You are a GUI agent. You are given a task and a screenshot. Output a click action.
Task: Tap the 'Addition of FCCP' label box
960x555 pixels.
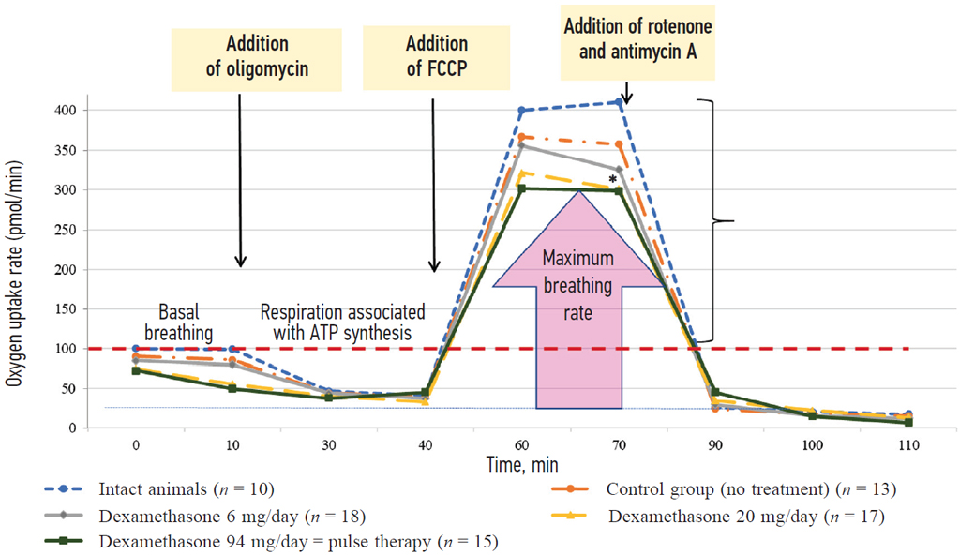click(436, 56)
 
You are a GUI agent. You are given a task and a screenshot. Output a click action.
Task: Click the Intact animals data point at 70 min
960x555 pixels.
click(619, 102)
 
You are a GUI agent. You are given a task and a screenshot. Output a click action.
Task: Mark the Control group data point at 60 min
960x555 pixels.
click(522, 137)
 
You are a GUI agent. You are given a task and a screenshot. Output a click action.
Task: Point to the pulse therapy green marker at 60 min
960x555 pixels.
click(522, 188)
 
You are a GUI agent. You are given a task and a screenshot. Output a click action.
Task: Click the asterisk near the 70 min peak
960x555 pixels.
click(613, 179)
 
